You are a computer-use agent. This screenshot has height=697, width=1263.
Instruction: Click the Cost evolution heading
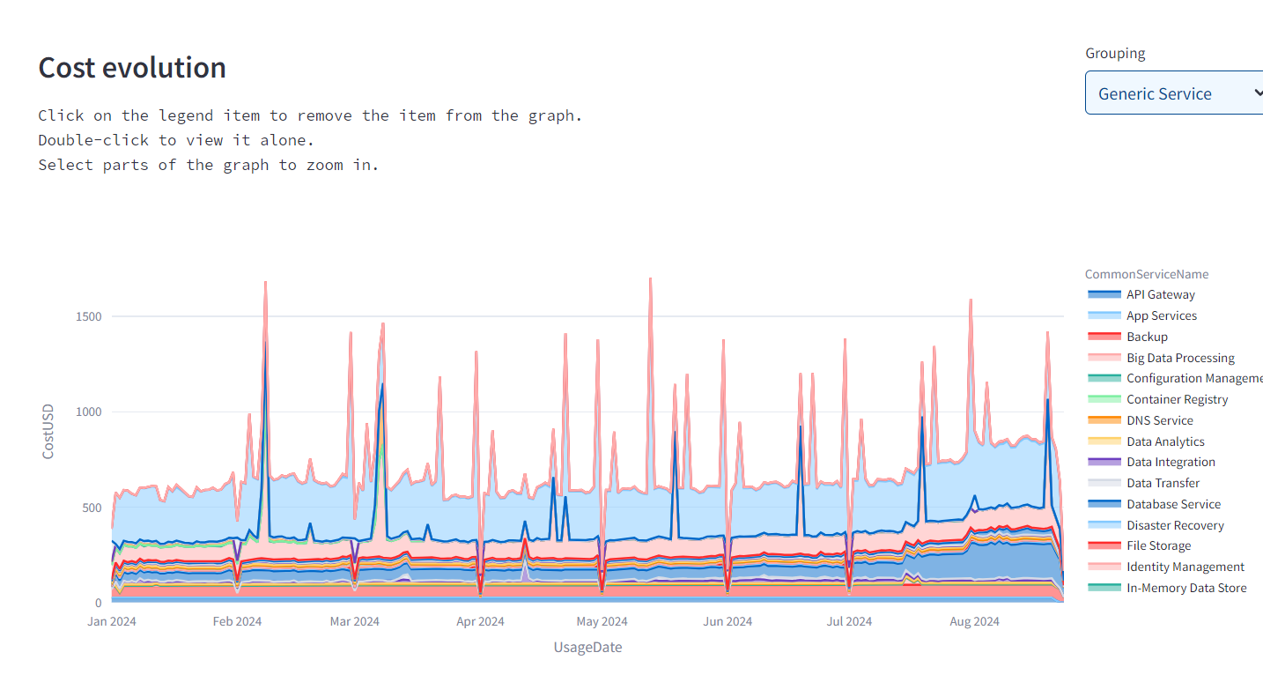132,68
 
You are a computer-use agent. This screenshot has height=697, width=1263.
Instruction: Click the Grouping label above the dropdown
1115,53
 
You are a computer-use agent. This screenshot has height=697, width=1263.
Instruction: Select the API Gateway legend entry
1160,294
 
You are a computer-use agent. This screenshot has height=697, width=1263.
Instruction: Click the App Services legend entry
1161,315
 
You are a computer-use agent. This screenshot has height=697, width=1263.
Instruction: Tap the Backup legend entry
1147,337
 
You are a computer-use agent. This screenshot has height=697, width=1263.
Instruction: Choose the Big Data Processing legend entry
1180,358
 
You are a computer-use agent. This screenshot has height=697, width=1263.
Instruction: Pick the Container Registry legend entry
1177,399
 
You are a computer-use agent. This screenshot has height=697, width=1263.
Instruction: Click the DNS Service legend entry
1159,420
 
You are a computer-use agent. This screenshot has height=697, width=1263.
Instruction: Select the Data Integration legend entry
1171,462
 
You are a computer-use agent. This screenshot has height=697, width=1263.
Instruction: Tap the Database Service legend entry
1173,504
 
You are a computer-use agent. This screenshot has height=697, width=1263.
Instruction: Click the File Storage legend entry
1158,545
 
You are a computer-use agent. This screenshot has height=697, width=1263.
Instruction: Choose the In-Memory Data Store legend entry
1185,588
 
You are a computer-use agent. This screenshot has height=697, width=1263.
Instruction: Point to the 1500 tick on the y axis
87,316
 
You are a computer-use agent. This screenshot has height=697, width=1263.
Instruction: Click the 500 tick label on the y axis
91,508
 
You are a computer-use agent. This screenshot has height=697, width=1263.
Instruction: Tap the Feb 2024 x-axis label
237,621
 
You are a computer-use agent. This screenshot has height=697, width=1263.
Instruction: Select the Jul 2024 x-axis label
849,621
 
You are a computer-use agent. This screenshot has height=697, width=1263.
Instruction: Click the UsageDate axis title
587,648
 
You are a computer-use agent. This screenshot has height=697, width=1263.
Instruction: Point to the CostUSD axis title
48,431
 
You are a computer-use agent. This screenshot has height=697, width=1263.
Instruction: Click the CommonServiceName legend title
1146,274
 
